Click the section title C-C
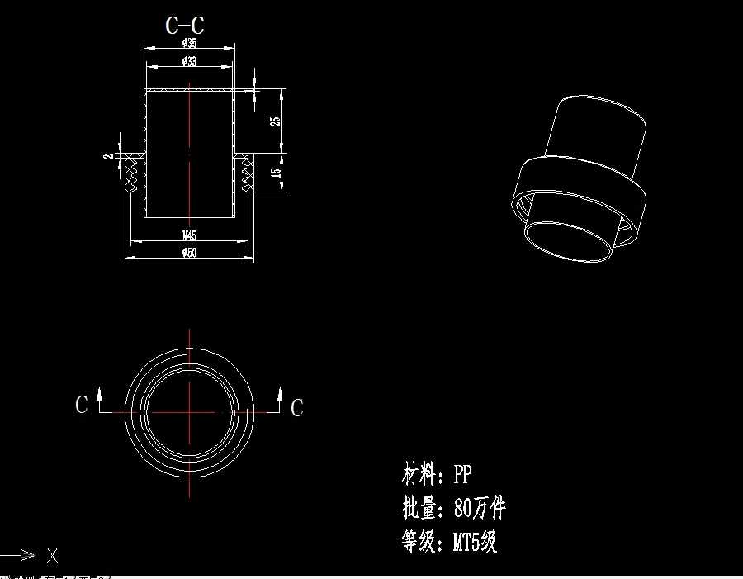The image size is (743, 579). coord(185,26)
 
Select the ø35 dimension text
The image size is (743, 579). coord(189,43)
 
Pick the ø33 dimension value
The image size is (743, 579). coord(189,62)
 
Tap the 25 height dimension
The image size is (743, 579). coord(275,121)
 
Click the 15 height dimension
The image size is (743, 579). coord(276,173)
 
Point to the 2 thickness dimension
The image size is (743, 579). coord(107,155)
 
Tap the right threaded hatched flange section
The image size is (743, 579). coord(244,173)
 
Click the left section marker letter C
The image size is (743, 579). coord(81,405)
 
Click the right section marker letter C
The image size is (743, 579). coord(297,407)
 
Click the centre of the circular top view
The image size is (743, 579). coord(190,411)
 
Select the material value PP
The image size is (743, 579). coord(462,474)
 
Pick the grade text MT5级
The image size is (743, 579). coord(475,542)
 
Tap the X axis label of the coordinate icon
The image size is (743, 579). coord(52,555)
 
